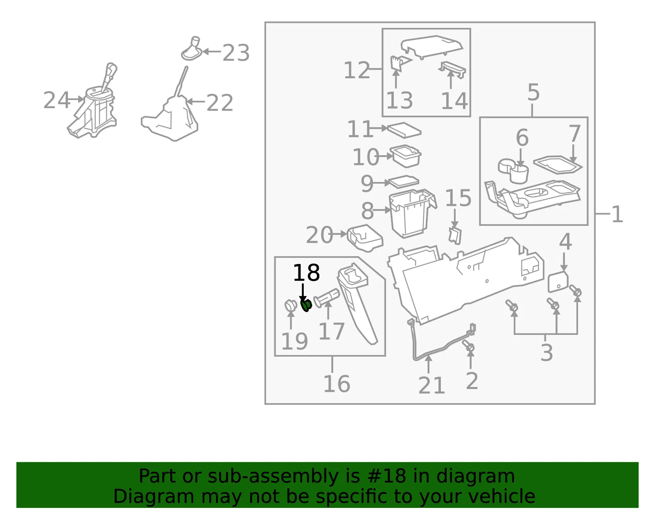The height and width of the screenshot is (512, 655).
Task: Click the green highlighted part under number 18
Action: click(306, 306)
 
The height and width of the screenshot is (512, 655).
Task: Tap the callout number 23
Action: click(236, 53)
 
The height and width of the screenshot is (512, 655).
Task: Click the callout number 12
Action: click(357, 70)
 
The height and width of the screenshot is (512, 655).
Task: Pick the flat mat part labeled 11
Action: click(404, 130)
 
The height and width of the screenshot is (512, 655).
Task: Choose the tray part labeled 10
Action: click(405, 156)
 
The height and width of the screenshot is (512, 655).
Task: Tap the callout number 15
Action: click(458, 198)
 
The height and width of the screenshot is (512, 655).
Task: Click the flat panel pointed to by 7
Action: click(558, 165)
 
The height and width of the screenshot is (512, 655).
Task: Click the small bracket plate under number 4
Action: click(558, 282)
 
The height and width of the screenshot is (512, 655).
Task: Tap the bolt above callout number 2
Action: click(468, 346)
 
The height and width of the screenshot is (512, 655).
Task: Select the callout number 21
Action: click(431, 386)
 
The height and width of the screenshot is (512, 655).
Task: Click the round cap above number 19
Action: click(291, 306)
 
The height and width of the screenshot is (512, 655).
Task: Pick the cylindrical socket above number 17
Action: click(326, 298)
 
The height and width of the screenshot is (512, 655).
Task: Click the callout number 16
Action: click(337, 384)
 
